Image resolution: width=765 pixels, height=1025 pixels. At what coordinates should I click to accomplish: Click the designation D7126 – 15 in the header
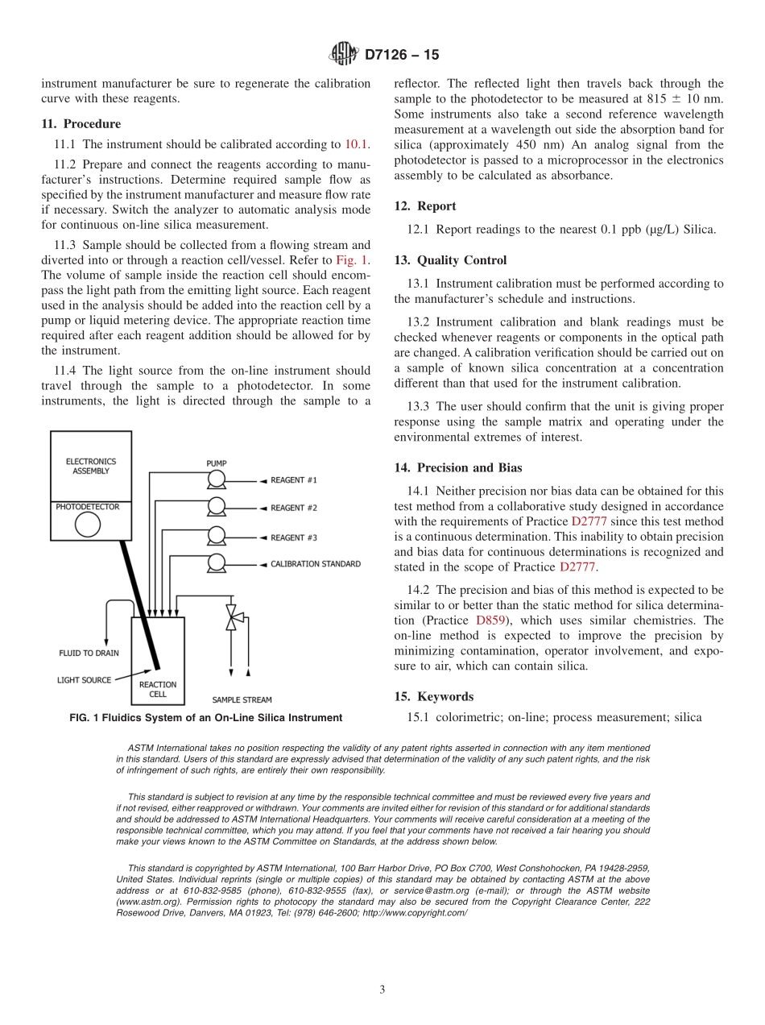pyautogui.click(x=402, y=56)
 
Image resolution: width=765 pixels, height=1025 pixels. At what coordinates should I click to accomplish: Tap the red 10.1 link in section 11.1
pyautogui.click(x=357, y=144)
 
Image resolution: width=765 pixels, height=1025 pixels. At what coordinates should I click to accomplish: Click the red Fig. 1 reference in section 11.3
pyautogui.click(x=352, y=260)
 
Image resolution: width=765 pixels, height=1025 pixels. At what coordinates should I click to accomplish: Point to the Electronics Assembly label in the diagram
pyautogui.click(x=91, y=467)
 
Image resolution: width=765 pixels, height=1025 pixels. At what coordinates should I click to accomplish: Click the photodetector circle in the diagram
pyautogui.click(x=88, y=525)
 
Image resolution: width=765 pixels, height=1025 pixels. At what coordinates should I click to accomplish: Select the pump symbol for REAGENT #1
pyautogui.click(x=216, y=481)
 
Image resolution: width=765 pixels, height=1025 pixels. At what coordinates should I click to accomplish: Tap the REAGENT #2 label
pyautogui.click(x=293, y=508)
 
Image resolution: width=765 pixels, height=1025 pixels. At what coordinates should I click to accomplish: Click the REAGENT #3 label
pyautogui.click(x=293, y=537)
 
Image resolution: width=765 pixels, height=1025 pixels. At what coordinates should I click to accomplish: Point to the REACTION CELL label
pyautogui.click(x=158, y=689)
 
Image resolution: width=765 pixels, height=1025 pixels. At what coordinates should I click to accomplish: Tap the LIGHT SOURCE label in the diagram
pyautogui.click(x=84, y=680)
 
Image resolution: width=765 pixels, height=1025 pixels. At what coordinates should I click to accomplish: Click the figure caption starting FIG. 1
pyautogui.click(x=205, y=718)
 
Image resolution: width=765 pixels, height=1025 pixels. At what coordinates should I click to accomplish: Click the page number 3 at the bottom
pyautogui.click(x=382, y=990)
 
